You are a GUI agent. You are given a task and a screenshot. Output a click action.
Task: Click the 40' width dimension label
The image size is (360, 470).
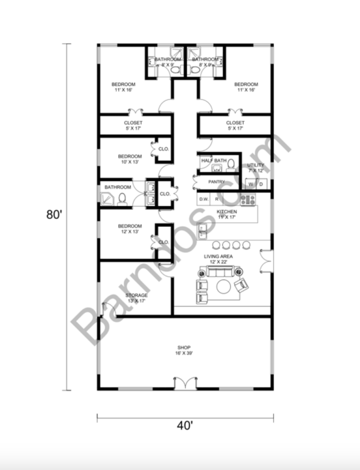[x=185, y=425]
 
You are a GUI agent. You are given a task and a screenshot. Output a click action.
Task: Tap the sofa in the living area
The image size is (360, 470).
[x=219, y=271]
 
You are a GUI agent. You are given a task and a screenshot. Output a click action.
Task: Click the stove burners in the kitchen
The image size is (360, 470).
[x=247, y=200]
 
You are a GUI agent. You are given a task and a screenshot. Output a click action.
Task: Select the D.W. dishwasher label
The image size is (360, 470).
[x=204, y=199]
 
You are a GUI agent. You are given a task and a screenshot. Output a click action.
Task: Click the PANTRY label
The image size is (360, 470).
[x=217, y=182]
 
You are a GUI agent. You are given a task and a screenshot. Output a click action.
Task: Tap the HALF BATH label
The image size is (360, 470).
[x=214, y=161]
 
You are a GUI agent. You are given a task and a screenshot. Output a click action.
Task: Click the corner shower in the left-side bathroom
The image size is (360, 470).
[x=106, y=200]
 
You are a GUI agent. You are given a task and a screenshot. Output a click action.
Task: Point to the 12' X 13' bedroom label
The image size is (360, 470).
[x=129, y=229]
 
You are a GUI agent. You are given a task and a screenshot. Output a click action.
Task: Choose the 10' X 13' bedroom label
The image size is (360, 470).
[x=129, y=159]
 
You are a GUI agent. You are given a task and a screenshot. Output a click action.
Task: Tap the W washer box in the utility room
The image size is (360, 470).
[x=251, y=185]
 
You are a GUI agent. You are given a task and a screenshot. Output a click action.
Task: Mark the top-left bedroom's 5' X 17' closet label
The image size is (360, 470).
[x=133, y=126]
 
